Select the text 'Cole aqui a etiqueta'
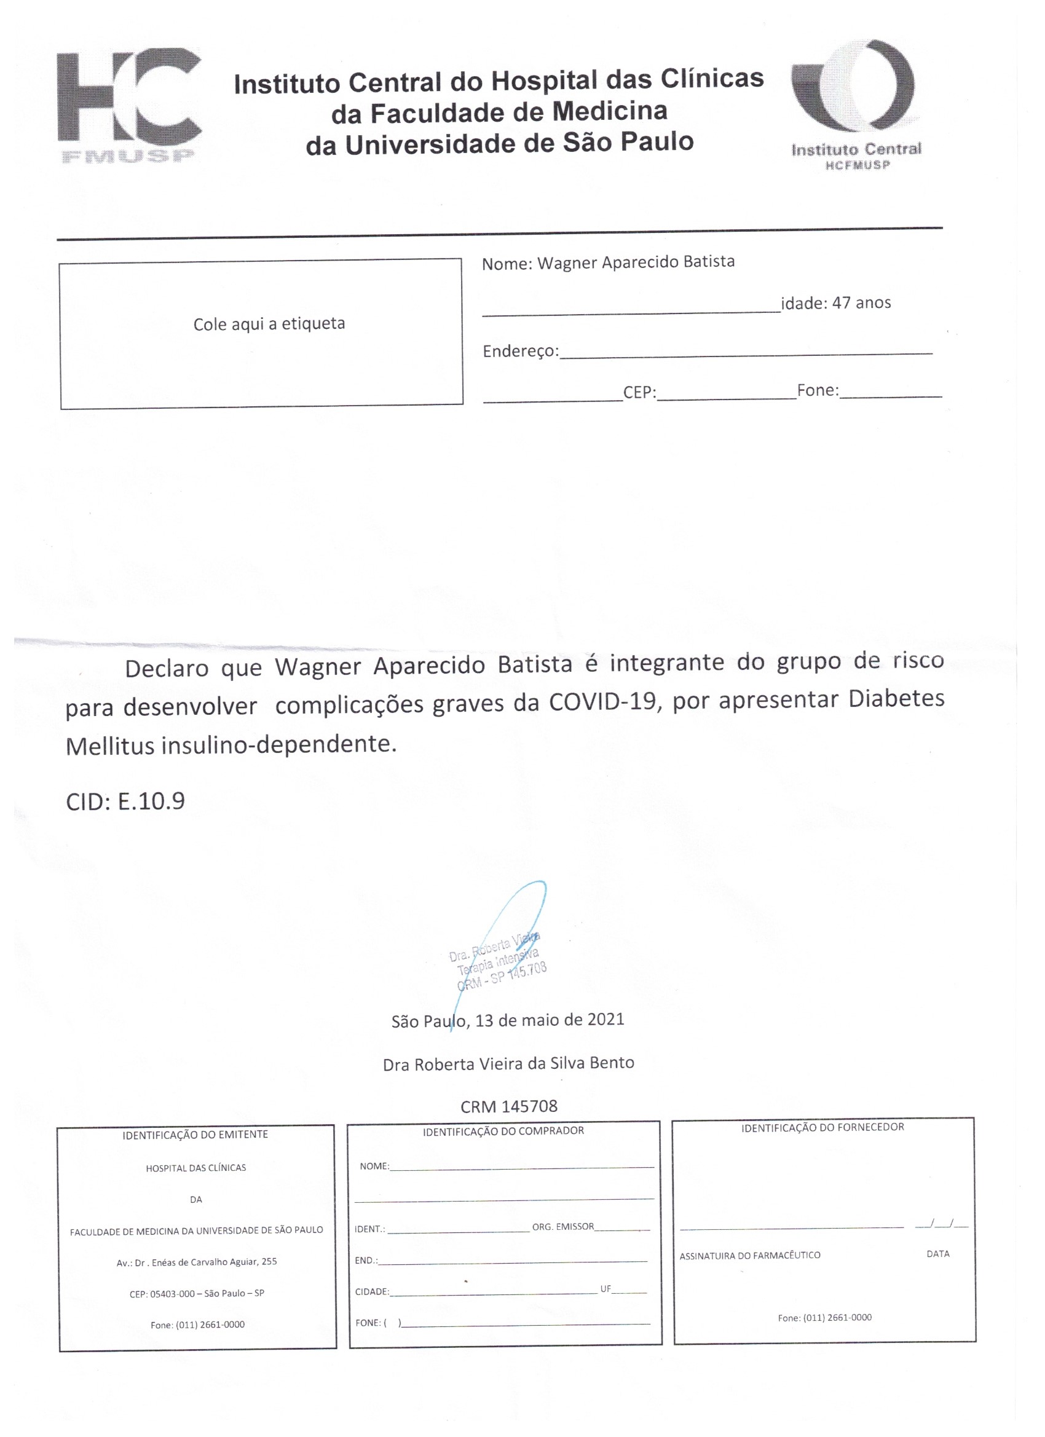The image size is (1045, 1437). click(x=269, y=324)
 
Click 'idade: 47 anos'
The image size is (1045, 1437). click(x=835, y=303)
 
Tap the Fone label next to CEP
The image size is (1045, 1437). click(x=818, y=390)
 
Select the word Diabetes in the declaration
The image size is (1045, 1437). click(x=896, y=698)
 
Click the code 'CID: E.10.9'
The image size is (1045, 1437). click(x=125, y=801)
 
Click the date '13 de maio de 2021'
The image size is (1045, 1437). click(x=550, y=1020)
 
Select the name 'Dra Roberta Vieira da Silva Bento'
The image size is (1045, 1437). click(x=508, y=1063)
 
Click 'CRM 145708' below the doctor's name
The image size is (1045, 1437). click(x=508, y=1106)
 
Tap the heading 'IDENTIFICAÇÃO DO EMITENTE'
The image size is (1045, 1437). click(x=195, y=1134)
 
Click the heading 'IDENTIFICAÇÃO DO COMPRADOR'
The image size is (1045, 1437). click(x=503, y=1130)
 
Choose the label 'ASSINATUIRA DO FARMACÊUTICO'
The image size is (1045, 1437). click(x=750, y=1255)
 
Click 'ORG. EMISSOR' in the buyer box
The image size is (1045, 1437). click(x=562, y=1227)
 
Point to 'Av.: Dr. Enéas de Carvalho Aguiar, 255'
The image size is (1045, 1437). click(x=197, y=1261)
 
